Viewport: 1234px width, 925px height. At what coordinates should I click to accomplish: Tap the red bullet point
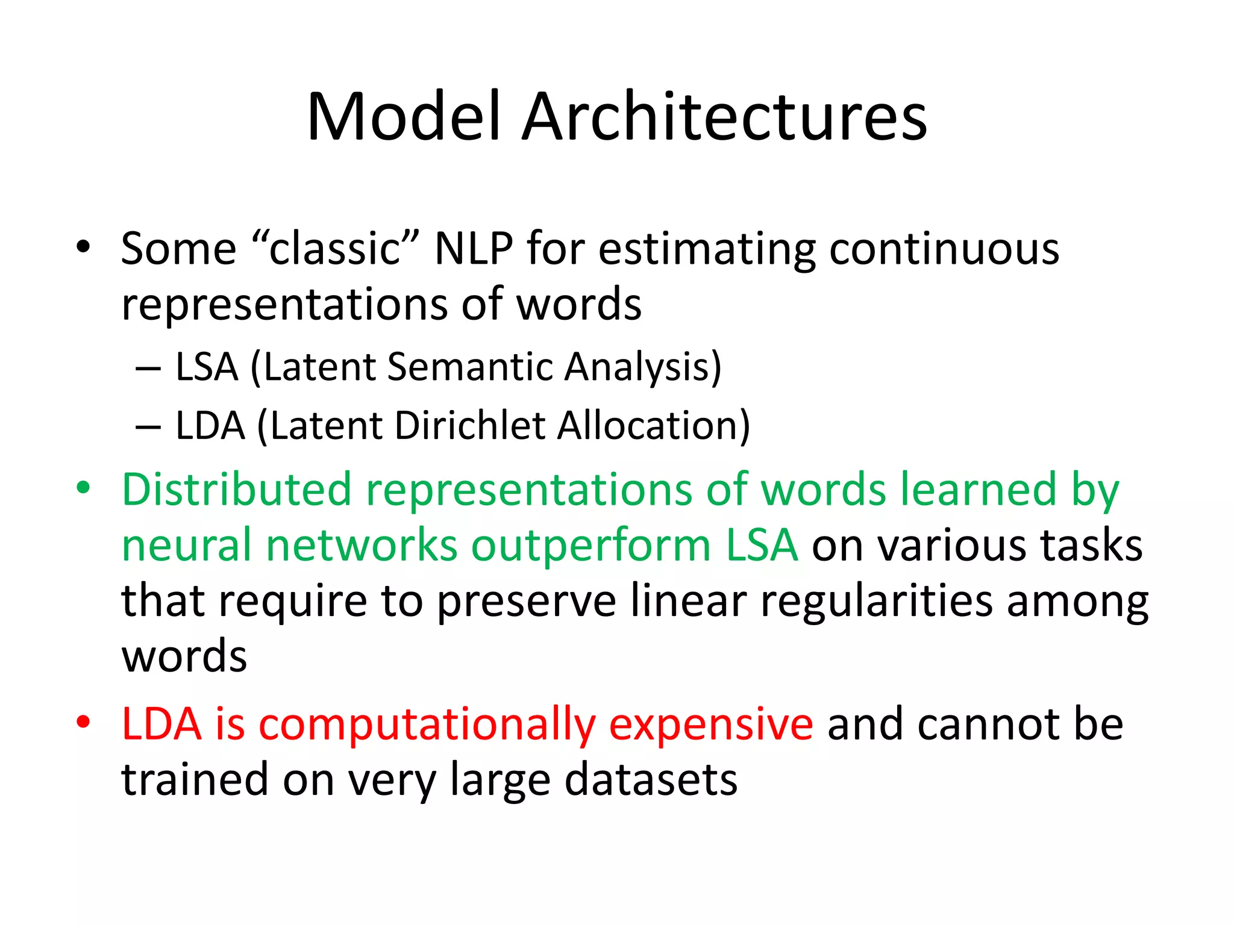coord(83,721)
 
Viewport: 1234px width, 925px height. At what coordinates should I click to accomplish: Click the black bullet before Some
coord(83,246)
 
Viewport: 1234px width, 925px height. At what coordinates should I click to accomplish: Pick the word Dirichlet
coord(470,425)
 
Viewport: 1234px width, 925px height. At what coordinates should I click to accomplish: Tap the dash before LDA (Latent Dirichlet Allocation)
coord(148,426)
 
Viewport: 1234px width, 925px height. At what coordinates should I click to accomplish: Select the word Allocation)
coord(653,425)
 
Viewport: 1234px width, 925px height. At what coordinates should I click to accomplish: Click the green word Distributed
coord(236,488)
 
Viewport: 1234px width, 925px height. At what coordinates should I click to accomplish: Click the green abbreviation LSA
coord(762,544)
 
